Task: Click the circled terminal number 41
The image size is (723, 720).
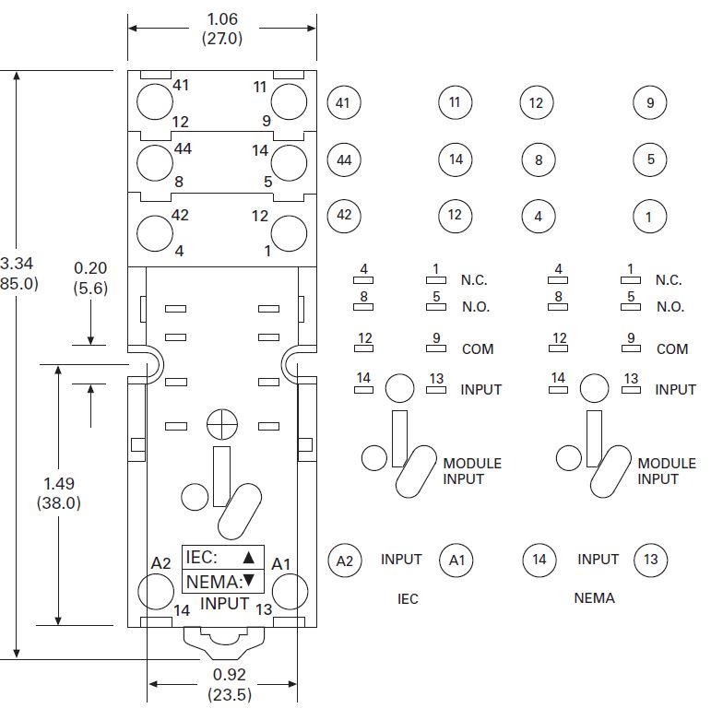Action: tap(344, 102)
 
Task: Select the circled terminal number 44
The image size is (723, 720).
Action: tap(344, 159)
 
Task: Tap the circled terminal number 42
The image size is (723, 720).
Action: tap(344, 216)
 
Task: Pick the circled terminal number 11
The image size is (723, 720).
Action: tap(456, 102)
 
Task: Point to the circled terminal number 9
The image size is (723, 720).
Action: tap(649, 102)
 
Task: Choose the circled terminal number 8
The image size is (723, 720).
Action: tap(539, 159)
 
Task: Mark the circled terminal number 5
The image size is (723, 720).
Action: tap(649, 159)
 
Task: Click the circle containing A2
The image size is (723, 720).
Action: tap(344, 561)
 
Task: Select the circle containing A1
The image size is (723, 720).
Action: tap(456, 561)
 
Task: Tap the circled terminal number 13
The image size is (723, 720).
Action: tap(651, 560)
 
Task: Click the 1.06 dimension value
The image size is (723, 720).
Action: tap(222, 18)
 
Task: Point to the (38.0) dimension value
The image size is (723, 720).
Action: tap(59, 503)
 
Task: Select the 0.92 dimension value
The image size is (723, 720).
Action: tap(229, 675)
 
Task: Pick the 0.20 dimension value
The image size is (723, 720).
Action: tap(90, 267)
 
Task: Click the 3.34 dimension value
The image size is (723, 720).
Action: tap(17, 264)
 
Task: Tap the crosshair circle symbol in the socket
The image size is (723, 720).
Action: tap(222, 424)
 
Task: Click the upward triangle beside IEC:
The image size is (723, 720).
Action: tap(249, 558)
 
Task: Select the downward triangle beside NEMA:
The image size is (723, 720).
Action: tap(249, 581)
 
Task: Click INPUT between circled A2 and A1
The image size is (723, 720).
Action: tap(401, 559)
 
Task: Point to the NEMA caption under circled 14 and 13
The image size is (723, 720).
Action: tap(594, 597)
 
